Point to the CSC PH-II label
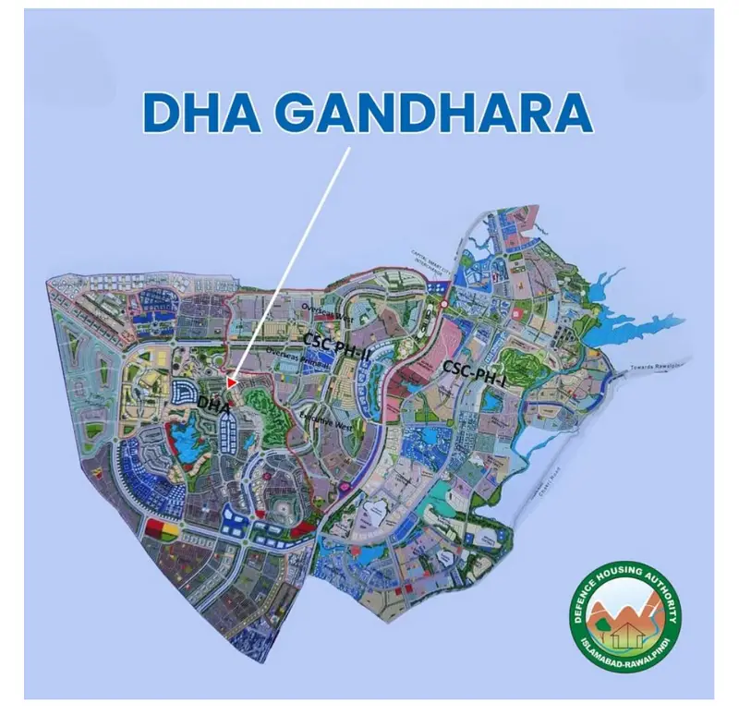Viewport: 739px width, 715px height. [336, 340]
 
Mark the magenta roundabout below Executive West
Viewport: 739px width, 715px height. [345, 485]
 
